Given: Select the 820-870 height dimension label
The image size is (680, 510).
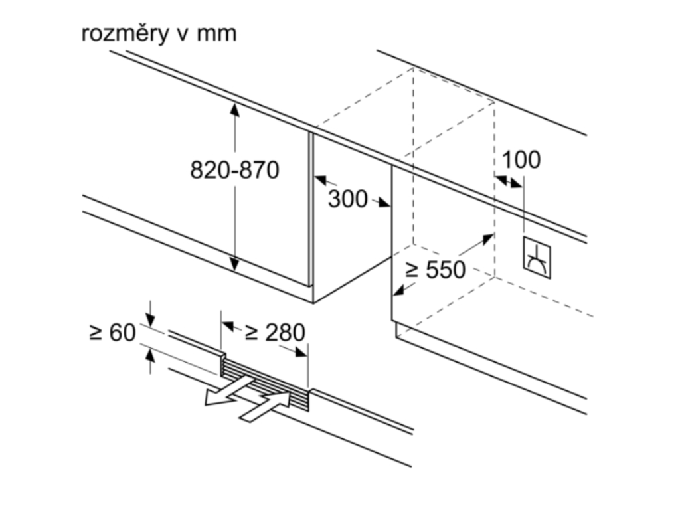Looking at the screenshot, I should pos(234,171).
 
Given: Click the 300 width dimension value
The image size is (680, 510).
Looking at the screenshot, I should pos(347,198).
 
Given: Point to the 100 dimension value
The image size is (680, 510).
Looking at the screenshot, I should pos(521,160).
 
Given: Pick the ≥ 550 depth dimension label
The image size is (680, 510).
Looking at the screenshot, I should pos(436,270).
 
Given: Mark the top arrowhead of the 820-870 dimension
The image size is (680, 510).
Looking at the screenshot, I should pos(234,107).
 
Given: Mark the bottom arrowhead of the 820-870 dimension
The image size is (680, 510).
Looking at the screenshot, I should pos(234,266).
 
